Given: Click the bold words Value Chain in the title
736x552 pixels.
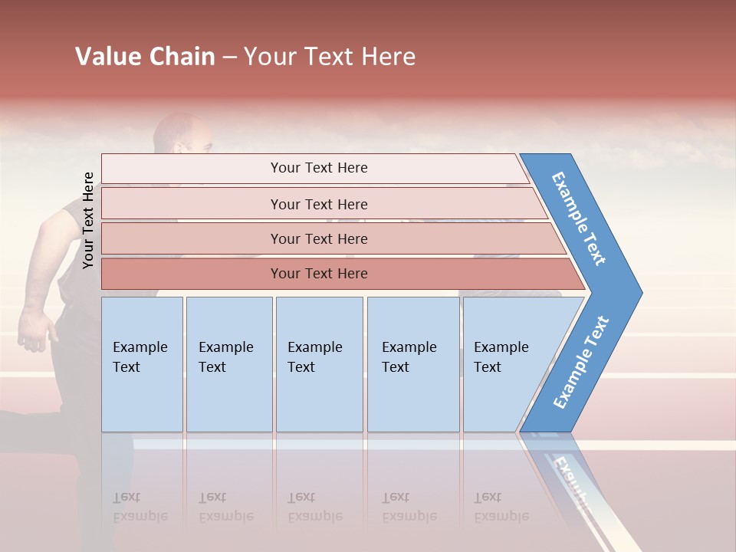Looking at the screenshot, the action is pyautogui.click(x=145, y=57).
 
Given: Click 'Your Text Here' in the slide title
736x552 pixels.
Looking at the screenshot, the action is pyautogui.click(x=330, y=57).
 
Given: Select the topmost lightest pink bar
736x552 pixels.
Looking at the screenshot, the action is pyautogui.click(x=318, y=168).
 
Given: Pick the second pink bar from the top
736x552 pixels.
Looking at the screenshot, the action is pyautogui.click(x=318, y=204).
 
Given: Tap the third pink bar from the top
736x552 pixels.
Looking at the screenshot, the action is pyautogui.click(x=318, y=238).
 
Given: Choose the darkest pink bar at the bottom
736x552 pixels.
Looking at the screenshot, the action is pyautogui.click(x=318, y=274).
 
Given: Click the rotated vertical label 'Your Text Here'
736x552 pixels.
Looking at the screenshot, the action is pyautogui.click(x=88, y=220).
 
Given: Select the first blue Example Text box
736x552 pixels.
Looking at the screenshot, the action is pyautogui.click(x=142, y=364).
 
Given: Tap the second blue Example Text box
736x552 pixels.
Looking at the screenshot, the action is pyautogui.click(x=228, y=364).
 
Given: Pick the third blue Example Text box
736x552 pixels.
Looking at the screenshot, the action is pyautogui.click(x=319, y=364).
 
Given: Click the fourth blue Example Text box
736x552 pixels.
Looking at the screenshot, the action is pyautogui.click(x=412, y=364).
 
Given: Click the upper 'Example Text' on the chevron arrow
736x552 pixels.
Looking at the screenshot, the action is pyautogui.click(x=579, y=218).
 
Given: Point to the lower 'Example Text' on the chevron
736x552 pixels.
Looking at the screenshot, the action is pyautogui.click(x=580, y=362).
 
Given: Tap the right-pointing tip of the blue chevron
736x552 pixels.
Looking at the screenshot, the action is pyautogui.click(x=639, y=293).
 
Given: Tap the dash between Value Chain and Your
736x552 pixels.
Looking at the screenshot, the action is pyautogui.click(x=228, y=58).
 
